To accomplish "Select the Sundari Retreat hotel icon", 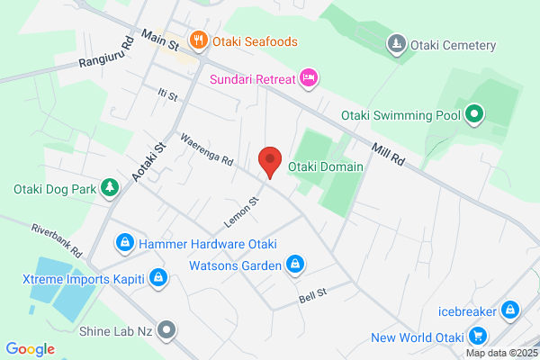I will coord(308,79).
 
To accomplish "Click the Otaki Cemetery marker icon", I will coord(396,44).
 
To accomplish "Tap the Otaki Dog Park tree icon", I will coord(109,188).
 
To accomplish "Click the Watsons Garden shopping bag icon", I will coord(293,265).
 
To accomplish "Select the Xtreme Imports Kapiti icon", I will coord(158,278).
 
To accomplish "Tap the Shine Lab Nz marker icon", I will coord(166,330).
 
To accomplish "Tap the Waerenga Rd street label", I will coord(206,150).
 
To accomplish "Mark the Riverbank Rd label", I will coord(56,238).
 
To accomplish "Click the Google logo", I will coord(30,349).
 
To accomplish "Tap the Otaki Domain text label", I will coord(325,166).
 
